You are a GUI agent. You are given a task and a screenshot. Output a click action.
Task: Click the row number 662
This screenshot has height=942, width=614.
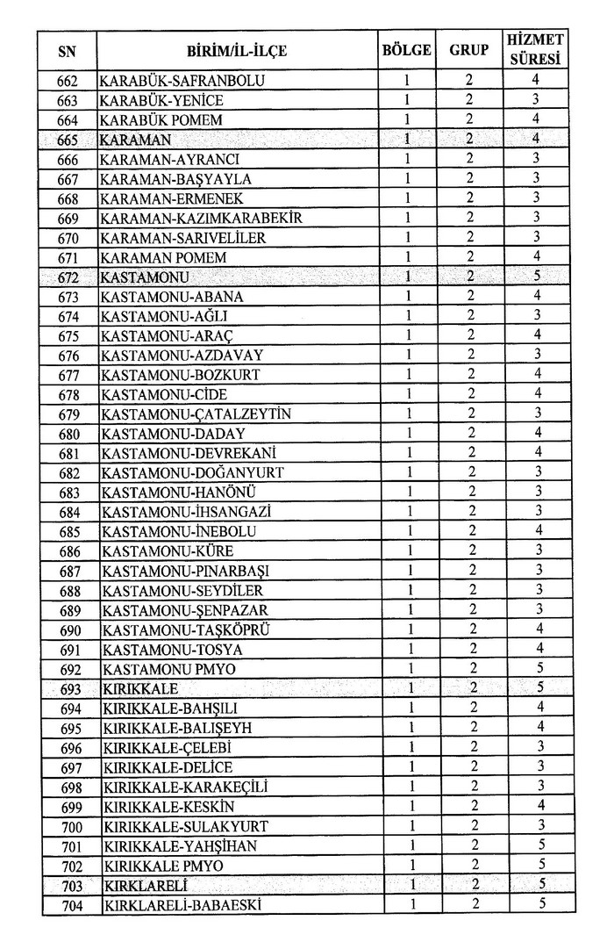tap(68, 82)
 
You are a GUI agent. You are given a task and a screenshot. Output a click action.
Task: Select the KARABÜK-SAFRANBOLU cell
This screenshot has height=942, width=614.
tap(183, 82)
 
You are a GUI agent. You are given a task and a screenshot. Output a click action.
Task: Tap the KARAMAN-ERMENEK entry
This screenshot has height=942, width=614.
tap(171, 198)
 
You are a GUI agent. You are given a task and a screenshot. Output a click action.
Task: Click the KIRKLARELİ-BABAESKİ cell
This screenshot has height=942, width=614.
tap(182, 905)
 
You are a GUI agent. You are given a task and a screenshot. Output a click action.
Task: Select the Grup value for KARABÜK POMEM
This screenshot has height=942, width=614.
tap(469, 120)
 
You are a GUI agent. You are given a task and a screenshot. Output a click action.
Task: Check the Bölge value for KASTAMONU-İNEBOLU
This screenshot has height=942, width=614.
tap(409, 530)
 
